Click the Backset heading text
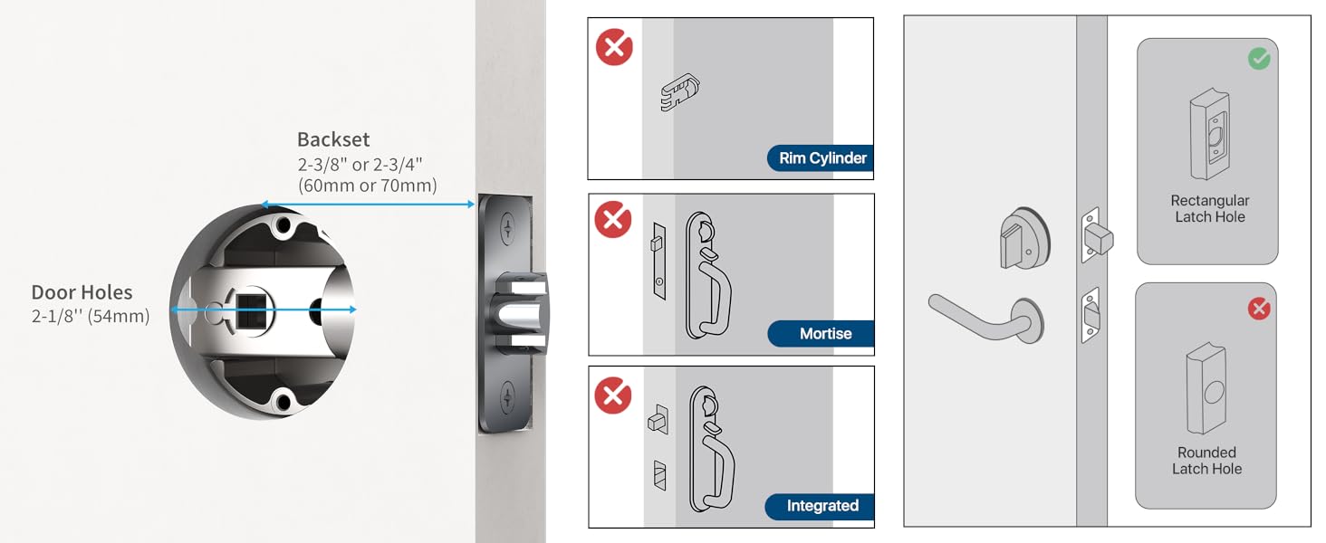click(x=333, y=140)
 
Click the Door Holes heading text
click(x=82, y=292)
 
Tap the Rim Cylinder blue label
click(x=822, y=158)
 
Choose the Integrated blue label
click(x=821, y=506)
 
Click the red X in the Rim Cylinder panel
click(x=614, y=47)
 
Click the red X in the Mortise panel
click(x=613, y=220)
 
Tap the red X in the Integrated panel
click(x=613, y=395)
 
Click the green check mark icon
click(x=1259, y=59)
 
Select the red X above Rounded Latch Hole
click(x=1259, y=309)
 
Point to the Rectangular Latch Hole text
click(x=1209, y=208)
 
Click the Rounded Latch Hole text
click(x=1206, y=461)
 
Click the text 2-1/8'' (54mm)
click(x=91, y=317)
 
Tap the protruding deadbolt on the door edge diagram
click(x=1099, y=238)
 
